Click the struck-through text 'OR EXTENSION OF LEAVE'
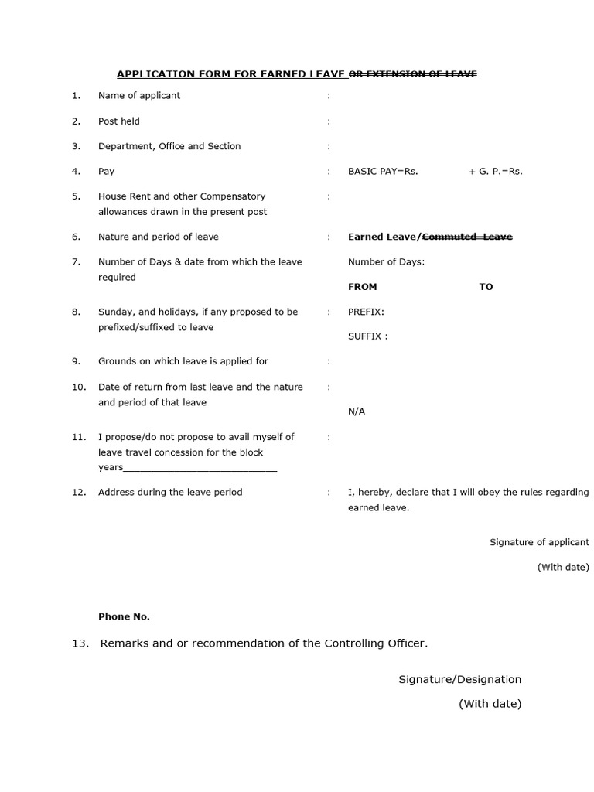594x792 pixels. click(x=413, y=74)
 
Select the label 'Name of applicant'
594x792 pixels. click(x=139, y=96)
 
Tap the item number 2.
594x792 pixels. click(x=76, y=121)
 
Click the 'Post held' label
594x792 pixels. click(x=119, y=121)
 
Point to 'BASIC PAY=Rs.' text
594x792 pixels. click(x=383, y=172)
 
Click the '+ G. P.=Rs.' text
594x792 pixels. click(x=495, y=172)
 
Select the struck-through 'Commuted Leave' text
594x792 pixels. click(x=467, y=237)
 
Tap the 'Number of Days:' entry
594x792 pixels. click(x=386, y=262)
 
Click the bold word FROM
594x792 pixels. click(x=363, y=287)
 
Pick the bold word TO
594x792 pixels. click(x=486, y=287)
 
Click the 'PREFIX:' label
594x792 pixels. click(x=366, y=312)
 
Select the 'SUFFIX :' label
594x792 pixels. click(x=368, y=337)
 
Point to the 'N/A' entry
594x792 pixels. click(x=357, y=411)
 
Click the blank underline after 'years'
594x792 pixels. click(x=200, y=469)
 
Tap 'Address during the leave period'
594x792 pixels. click(x=170, y=493)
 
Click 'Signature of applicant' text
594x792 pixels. click(x=539, y=543)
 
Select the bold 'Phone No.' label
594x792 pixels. click(x=124, y=617)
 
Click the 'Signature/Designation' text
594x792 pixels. click(x=459, y=680)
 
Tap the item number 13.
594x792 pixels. click(x=80, y=643)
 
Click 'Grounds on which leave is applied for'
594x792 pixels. click(x=183, y=361)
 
